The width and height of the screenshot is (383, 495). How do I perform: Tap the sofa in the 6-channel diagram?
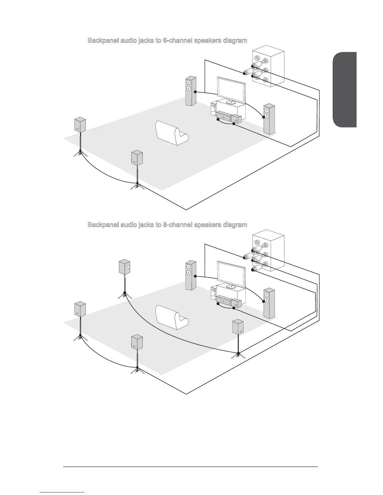tap(172, 133)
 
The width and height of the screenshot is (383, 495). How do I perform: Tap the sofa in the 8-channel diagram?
tap(172, 317)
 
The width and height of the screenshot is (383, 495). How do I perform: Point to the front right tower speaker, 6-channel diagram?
tap(269, 119)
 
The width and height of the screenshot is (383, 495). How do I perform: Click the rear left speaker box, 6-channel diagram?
tap(80, 125)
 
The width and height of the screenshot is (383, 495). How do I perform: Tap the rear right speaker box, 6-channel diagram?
tap(137, 157)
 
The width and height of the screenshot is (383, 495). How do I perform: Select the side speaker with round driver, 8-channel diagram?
tap(125, 267)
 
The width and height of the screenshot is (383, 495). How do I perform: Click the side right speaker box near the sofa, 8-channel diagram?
tap(238, 327)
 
